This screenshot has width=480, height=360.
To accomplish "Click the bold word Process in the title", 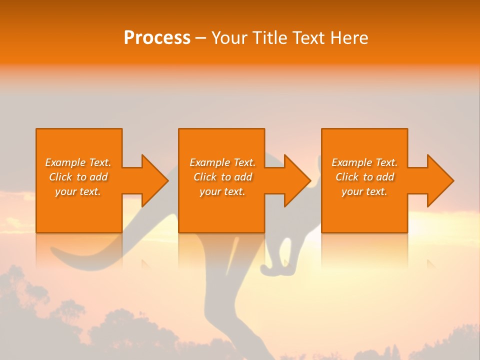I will (157, 38).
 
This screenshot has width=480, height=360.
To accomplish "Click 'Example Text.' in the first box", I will (78, 162).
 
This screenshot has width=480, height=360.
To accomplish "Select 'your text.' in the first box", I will (78, 191).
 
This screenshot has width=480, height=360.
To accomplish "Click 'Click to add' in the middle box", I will (222, 177).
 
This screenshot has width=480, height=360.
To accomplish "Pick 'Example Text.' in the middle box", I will (222, 162).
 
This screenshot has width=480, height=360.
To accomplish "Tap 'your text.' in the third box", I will (364, 191).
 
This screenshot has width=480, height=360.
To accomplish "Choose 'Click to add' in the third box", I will (364, 177).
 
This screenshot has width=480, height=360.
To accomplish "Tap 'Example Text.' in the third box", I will (364, 162).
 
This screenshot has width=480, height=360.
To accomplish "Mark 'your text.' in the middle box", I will (222, 191).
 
